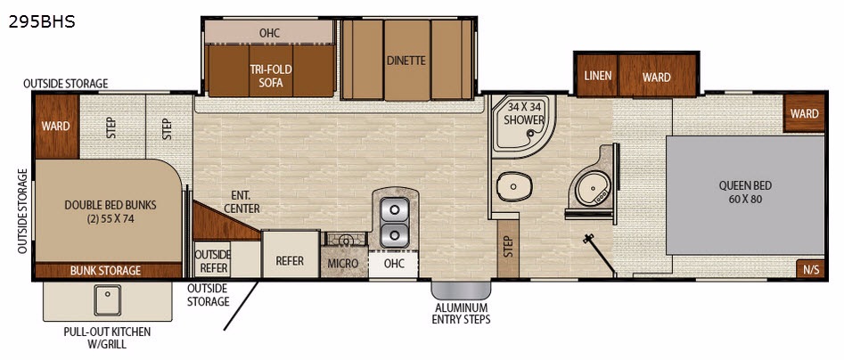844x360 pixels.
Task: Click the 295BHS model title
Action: point(42,21)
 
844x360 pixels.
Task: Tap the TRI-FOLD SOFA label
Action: point(270,76)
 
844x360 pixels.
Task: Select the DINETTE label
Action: point(406,61)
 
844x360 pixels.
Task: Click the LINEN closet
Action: point(597,76)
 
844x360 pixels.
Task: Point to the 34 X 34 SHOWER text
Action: point(524,113)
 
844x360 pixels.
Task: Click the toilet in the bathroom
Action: point(514,186)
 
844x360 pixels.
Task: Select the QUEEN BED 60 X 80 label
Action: point(745,192)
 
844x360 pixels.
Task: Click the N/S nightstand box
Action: point(811,270)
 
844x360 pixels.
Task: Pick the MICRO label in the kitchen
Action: point(343,263)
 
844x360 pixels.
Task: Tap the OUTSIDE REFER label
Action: point(212,260)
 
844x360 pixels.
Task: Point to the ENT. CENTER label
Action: point(242,201)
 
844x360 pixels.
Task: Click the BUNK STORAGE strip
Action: point(108,270)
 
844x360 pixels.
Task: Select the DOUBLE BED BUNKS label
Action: point(111,211)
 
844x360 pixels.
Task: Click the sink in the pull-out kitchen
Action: point(108,299)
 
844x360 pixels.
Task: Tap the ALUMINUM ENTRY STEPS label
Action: point(462,313)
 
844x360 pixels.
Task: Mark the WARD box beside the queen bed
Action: point(804,113)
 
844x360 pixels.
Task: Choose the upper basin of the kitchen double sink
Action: point(395,209)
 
